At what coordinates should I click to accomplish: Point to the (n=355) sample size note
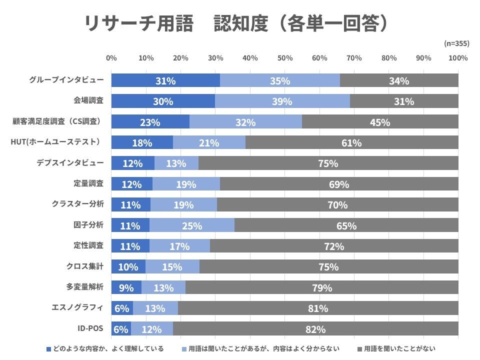(455, 44)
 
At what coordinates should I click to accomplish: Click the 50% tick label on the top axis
(284, 58)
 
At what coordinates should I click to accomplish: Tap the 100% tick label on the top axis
(457, 58)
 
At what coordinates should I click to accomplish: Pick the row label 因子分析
(88, 225)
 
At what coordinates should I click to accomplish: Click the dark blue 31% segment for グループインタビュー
(165, 80)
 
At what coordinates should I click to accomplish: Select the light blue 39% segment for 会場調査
(282, 101)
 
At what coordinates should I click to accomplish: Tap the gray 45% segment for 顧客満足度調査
(380, 122)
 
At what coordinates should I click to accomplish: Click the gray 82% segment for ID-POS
(315, 329)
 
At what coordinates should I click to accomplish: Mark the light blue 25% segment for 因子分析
(192, 225)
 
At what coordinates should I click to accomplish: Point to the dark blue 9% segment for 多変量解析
(126, 287)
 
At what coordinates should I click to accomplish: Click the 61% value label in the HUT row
(351, 143)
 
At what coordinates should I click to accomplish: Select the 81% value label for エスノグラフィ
(318, 308)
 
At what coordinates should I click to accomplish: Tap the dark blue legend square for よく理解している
(48, 348)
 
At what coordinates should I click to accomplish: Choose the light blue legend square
(184, 348)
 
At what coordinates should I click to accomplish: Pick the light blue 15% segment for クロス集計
(172, 267)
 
